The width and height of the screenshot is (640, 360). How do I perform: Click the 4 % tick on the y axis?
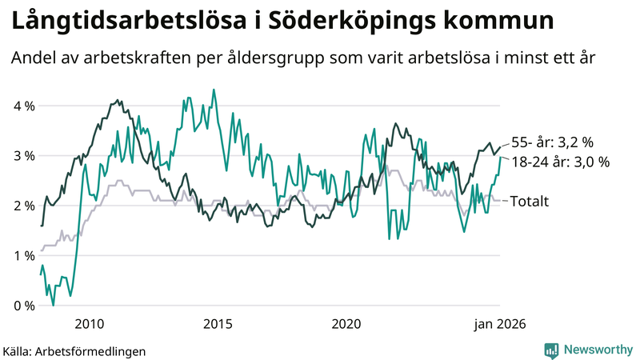point(23,106)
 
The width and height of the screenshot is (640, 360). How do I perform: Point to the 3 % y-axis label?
point(23,156)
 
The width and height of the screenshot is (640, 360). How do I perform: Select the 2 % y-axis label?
point(23,206)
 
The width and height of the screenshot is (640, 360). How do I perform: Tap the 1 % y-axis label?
point(23,255)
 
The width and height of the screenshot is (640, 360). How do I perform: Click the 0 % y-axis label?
point(23,306)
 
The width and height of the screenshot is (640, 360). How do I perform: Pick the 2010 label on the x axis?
point(89,324)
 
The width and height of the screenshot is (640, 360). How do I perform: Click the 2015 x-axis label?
point(218,324)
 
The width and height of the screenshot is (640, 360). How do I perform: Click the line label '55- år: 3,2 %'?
point(552,142)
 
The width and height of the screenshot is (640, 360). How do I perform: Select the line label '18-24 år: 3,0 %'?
point(560,162)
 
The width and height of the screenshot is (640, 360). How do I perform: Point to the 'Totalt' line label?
point(529,202)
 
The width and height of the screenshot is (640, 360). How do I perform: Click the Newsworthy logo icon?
point(551,349)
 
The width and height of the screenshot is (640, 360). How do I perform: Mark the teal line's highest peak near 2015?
point(213,90)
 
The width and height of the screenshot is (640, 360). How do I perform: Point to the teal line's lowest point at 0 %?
point(54,305)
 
